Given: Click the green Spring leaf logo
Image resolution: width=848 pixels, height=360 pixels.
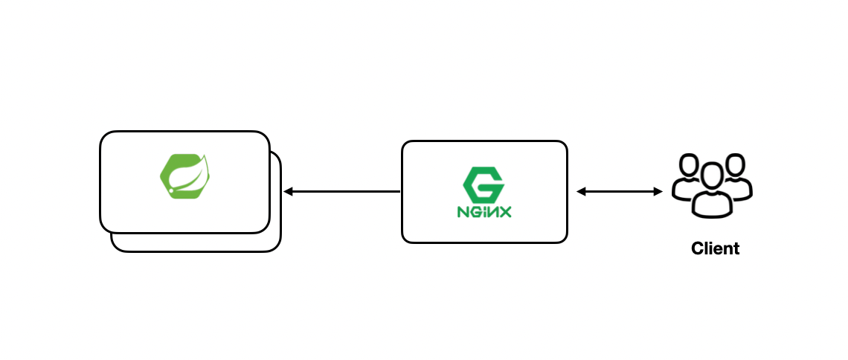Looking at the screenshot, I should point(184,176).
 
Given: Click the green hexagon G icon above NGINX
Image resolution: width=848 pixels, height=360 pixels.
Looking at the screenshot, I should point(484,183).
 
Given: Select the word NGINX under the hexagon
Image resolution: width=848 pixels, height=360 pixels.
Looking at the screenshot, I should point(484,212).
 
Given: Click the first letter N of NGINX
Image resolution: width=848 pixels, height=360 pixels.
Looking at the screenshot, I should point(463,212).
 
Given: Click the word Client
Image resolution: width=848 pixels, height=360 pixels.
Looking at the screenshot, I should point(715,248).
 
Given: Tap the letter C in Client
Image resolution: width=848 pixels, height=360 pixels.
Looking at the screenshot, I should point(698,248).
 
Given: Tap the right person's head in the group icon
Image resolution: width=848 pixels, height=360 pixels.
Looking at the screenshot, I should point(735,165).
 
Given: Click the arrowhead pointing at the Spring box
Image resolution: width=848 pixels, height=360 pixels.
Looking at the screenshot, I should point(288,192).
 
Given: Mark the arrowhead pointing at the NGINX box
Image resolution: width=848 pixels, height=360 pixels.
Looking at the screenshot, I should point(581,192).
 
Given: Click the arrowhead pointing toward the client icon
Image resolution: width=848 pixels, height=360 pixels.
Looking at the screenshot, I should point(658,192).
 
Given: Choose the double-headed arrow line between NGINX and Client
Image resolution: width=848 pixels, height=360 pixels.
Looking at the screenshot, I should point(620,192).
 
